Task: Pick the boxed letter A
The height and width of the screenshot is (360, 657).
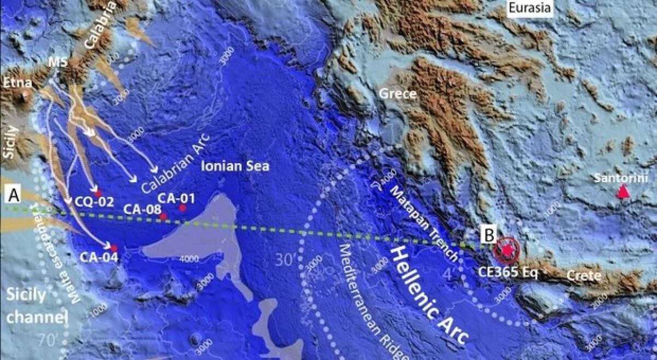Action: (x=12, y=194)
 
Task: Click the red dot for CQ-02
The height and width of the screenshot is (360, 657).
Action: (x=97, y=193)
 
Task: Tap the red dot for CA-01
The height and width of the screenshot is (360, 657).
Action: (x=182, y=207)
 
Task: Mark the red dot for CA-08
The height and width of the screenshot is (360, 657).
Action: (x=163, y=217)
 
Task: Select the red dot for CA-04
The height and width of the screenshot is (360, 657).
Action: (x=114, y=248)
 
